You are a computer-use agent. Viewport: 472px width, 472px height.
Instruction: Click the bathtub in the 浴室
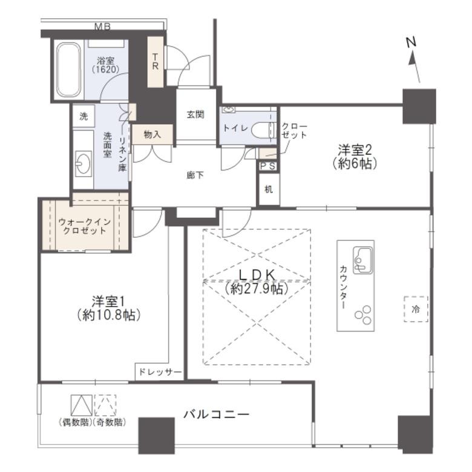[69, 70]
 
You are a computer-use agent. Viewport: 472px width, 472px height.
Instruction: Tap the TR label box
[156, 62]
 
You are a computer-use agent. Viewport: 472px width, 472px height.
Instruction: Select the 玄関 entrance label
[195, 114]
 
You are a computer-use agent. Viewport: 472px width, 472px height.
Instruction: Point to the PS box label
[267, 166]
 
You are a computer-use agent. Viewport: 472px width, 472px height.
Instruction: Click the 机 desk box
[269, 189]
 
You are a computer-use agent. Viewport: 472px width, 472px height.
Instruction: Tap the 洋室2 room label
[355, 149]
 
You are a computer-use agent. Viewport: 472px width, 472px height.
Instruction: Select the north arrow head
[413, 59]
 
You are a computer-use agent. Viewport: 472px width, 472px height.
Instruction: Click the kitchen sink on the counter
[363, 260]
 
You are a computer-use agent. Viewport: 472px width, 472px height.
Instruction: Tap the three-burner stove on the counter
[363, 315]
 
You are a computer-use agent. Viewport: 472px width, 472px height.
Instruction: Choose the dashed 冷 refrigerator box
[416, 309]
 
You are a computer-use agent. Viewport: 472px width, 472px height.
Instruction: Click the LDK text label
[257, 275]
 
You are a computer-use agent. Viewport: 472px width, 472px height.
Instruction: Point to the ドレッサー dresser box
[159, 372]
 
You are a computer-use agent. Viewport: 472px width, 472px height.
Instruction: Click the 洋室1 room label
[108, 301]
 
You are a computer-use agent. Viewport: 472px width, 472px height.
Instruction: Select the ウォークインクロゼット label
[84, 227]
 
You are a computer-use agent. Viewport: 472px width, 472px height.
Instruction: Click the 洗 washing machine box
[84, 116]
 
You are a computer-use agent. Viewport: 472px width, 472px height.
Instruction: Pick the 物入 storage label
[152, 134]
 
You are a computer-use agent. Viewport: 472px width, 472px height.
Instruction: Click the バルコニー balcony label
[217, 415]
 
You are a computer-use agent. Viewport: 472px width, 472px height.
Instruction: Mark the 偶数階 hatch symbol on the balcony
[82, 405]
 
